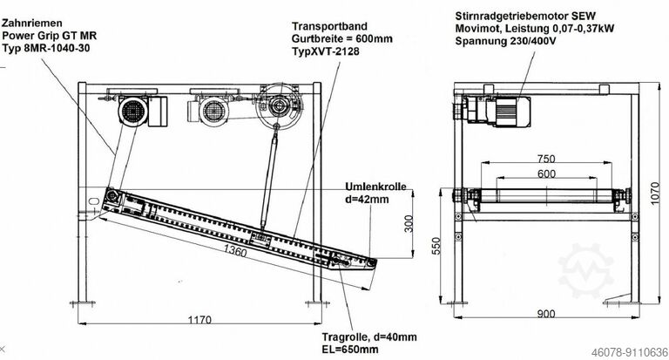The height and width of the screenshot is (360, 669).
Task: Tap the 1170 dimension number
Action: (x=199, y=320)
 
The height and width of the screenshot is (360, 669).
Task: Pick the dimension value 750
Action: (x=545, y=159)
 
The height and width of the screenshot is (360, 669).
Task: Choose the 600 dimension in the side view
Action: (x=545, y=173)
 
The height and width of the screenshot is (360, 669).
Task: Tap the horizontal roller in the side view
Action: (x=546, y=199)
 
